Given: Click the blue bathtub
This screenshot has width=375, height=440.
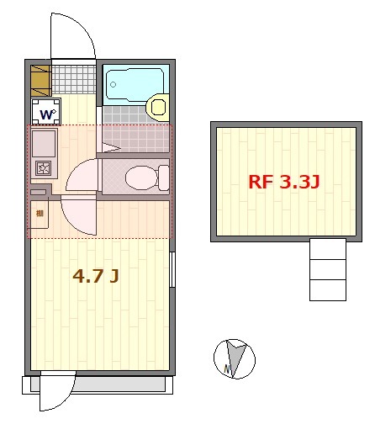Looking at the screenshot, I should tap(134, 82).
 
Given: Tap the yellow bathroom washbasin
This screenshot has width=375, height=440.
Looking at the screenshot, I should tap(156, 107).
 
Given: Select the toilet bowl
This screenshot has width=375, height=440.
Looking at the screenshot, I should tap(137, 177).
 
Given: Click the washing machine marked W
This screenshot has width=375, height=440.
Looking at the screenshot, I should tap(46, 113).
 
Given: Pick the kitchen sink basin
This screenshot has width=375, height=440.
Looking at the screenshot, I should tap(44, 143).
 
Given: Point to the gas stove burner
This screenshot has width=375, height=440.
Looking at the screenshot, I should tap(43, 168).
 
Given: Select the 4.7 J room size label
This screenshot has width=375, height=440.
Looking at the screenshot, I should tap(94, 275).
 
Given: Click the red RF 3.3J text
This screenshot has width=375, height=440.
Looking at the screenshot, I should tap(283, 181).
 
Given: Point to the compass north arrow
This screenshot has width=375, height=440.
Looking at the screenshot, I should tap(237, 356).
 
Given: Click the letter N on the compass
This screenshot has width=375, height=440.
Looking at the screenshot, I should tap(227, 368).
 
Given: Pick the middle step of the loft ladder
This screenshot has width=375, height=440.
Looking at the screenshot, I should tap(327, 269).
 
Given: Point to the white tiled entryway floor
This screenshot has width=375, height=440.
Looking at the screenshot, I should tap(74, 80).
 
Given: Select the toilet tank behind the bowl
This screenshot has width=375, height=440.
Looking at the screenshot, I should tap(163, 178).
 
